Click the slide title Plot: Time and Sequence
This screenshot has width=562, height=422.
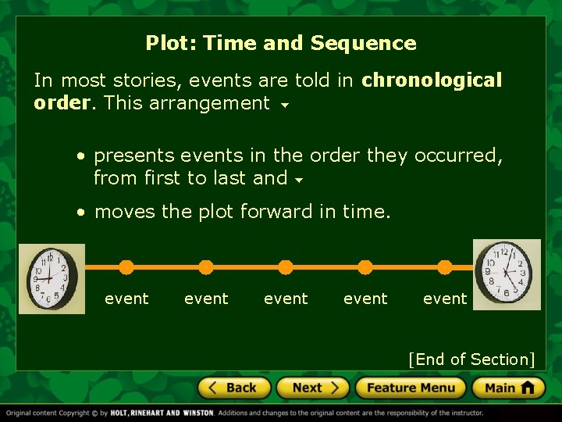(281, 43)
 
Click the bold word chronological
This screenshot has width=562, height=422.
(432, 80)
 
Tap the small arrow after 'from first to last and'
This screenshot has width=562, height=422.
(299, 181)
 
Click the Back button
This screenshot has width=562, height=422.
(233, 388)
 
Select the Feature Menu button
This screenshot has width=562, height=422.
(410, 388)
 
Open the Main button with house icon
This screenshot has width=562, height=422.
(508, 388)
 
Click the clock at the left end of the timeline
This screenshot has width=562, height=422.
(52, 279)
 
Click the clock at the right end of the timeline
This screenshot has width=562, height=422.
(507, 274)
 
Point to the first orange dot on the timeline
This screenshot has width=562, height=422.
(126, 267)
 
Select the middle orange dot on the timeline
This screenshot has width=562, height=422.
(286, 267)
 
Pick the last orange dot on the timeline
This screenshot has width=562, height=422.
(445, 267)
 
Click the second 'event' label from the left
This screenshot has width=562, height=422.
(206, 299)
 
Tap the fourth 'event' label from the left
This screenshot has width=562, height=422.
(365, 299)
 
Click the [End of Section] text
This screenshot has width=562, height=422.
(471, 359)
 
